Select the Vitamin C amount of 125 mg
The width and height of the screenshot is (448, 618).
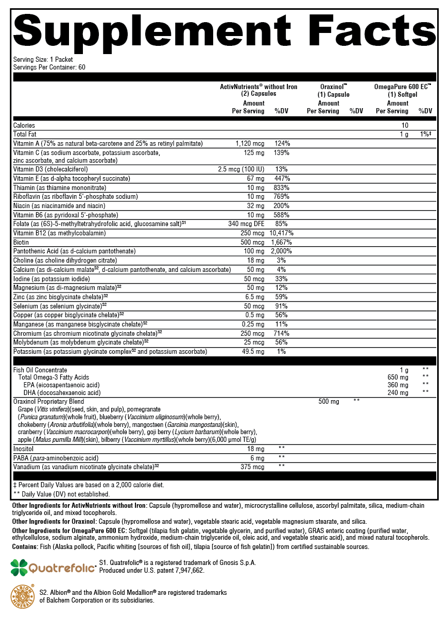coord(254,153)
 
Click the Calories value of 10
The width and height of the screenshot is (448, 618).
coord(405,125)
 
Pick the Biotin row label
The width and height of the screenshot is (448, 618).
coord(22,242)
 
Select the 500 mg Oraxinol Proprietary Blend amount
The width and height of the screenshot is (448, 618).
coord(329,401)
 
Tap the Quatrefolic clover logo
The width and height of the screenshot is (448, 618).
coord(20,568)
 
